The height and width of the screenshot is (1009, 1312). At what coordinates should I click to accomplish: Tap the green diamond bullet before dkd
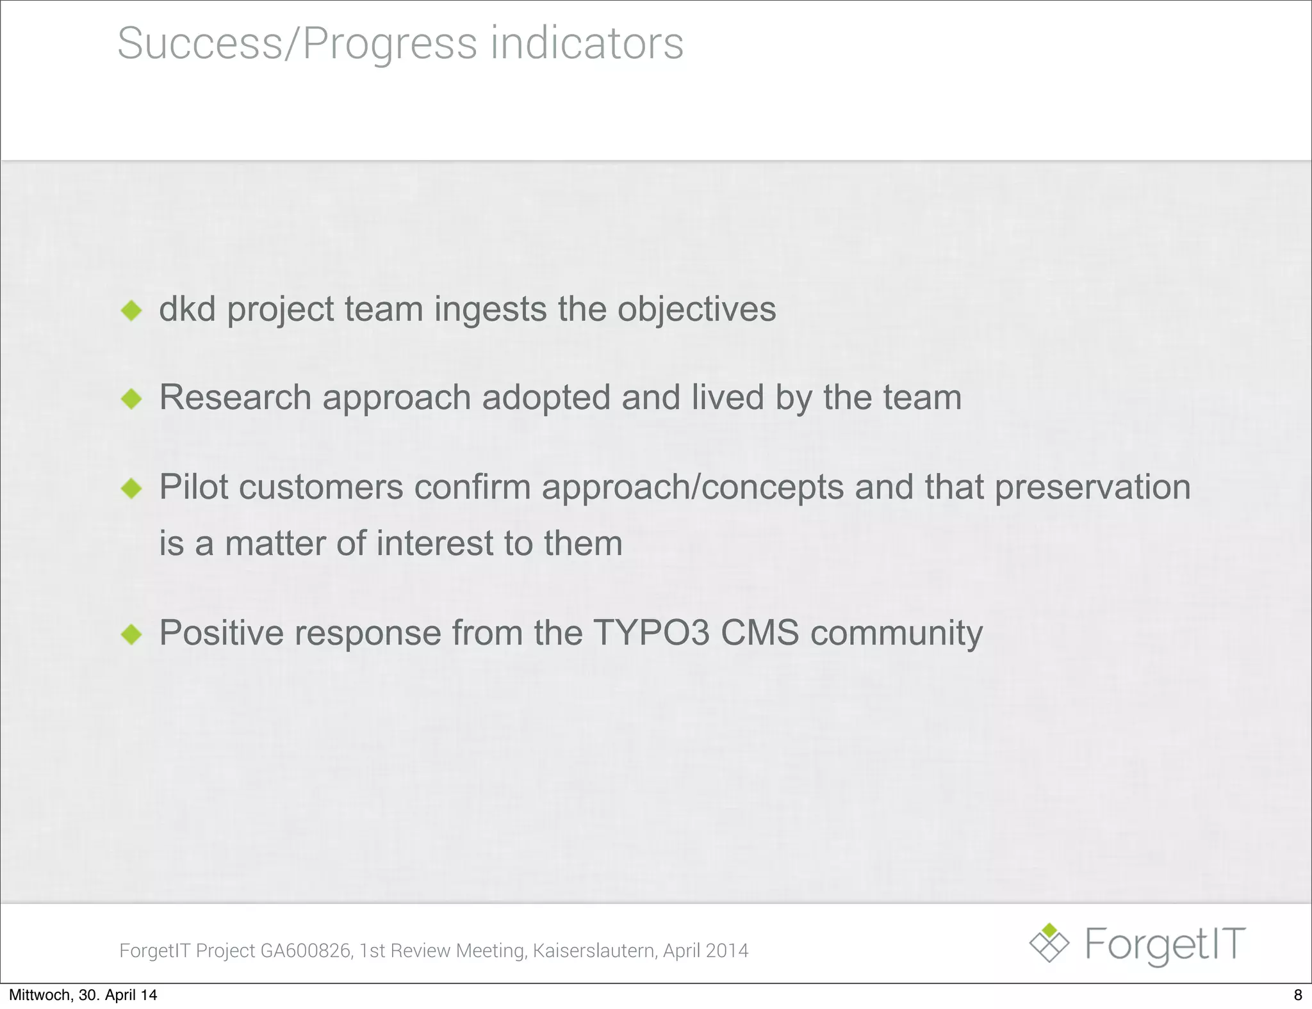click(131, 311)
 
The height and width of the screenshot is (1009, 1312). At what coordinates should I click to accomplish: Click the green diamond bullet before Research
click(131, 400)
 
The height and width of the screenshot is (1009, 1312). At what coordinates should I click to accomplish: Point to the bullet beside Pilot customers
click(131, 489)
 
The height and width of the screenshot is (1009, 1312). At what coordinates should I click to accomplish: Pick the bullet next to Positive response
click(131, 634)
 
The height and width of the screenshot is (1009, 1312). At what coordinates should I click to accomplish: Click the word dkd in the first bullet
click(187, 309)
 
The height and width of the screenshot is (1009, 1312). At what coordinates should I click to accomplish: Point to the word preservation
click(1092, 488)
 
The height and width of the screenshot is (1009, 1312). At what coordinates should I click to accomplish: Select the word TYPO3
click(652, 633)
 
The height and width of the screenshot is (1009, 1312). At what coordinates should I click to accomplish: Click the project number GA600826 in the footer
click(306, 951)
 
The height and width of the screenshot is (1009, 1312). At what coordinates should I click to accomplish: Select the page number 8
click(1298, 995)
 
